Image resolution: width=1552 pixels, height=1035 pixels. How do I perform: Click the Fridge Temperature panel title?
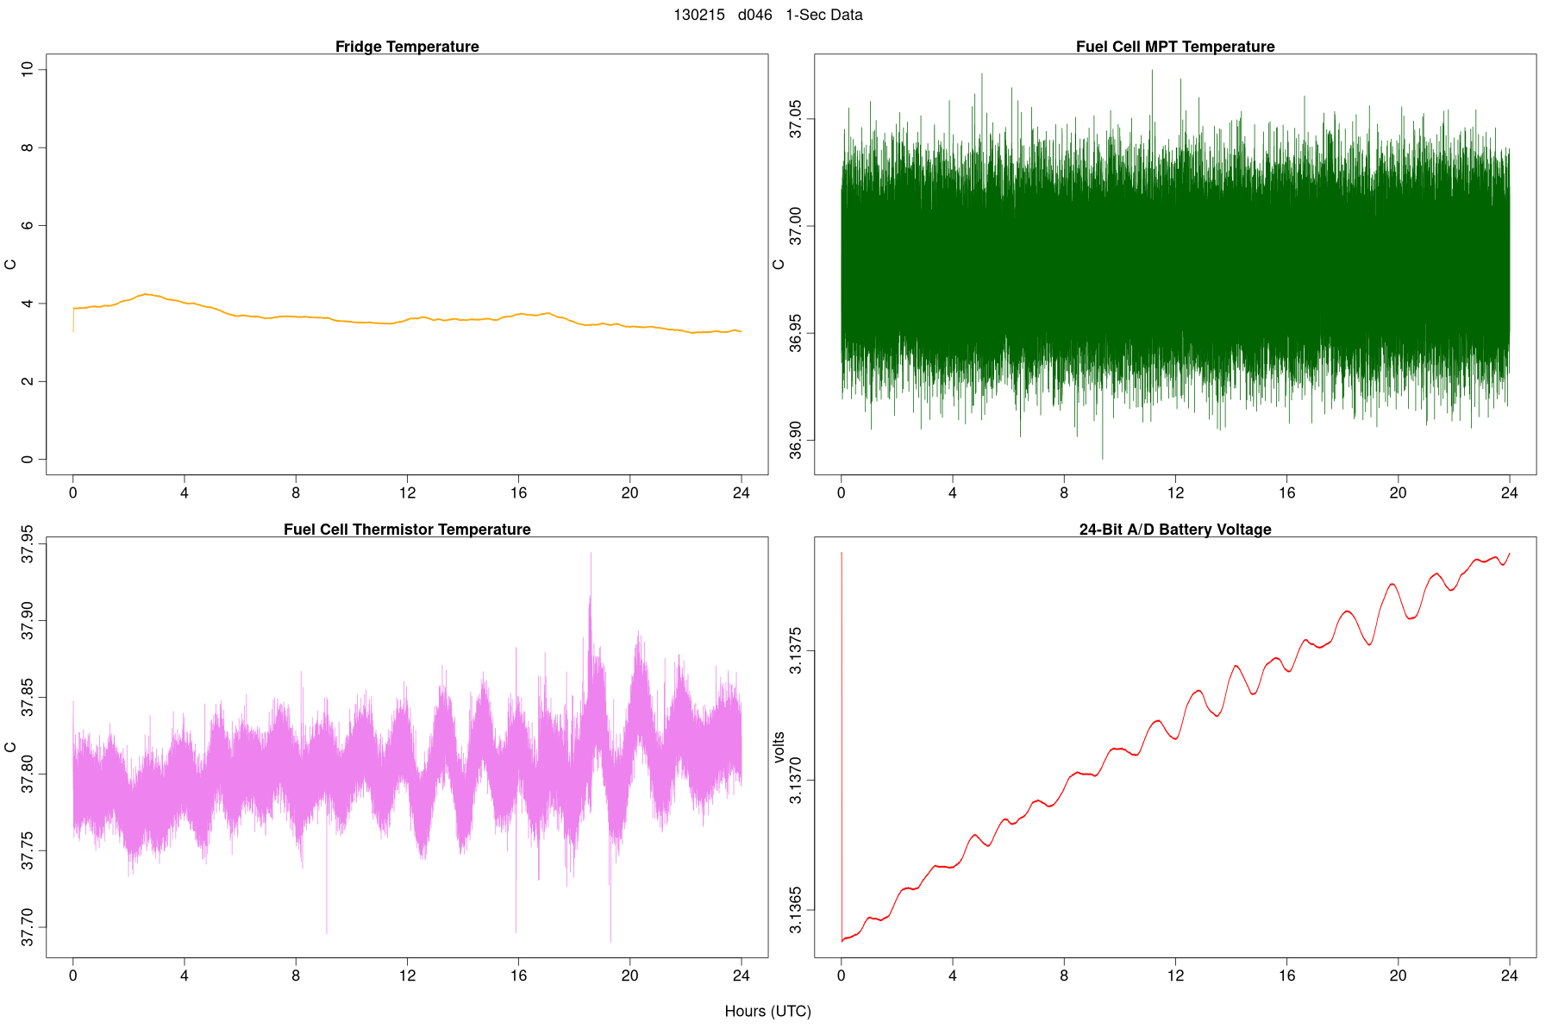[407, 47]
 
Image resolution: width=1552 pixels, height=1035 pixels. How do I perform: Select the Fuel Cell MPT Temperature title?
[1175, 47]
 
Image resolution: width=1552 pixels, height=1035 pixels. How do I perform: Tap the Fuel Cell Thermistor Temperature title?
[407, 530]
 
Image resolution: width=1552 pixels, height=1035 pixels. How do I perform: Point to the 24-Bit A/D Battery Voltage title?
[1175, 530]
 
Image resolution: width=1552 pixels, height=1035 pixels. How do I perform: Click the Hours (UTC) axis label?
[767, 1011]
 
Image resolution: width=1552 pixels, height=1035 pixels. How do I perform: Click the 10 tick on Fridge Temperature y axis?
[28, 69]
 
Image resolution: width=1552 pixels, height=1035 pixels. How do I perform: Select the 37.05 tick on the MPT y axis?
[795, 119]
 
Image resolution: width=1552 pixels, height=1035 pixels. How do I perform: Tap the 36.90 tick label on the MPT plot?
[795, 441]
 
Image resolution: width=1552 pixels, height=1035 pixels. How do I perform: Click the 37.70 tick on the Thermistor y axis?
[28, 927]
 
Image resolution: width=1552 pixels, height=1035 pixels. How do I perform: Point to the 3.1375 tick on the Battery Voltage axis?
[795, 651]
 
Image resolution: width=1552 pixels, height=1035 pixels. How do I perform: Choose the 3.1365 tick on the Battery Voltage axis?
[795, 910]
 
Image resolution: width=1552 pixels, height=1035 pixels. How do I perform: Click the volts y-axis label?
[779, 747]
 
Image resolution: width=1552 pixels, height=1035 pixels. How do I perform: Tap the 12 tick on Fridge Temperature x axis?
[407, 493]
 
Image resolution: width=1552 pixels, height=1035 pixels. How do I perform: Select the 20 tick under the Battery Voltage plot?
[1398, 976]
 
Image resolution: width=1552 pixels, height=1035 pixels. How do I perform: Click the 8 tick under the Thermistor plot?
[296, 976]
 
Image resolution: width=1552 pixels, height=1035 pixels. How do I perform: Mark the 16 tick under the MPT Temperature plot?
[1286, 493]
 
